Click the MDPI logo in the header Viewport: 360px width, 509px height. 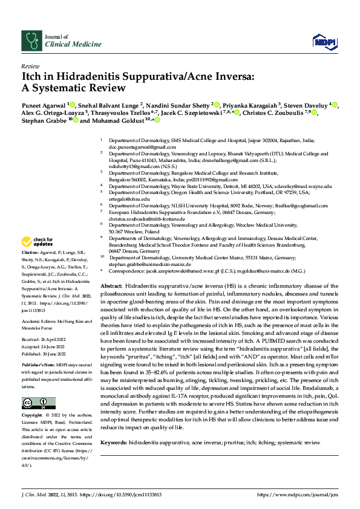tap(321, 41)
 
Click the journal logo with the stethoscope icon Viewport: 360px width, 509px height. tap(31, 41)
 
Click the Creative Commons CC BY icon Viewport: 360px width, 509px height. tap(35, 403)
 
